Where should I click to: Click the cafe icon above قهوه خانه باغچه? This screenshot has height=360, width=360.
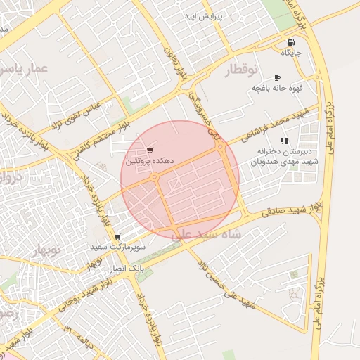tap(277, 77)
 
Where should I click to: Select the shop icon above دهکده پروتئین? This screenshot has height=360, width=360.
tap(149, 150)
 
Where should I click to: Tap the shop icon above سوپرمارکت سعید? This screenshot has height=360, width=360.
tap(116, 237)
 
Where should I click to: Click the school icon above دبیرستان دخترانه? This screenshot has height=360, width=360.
tap(284, 141)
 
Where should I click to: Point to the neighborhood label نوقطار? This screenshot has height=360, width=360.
tap(242, 70)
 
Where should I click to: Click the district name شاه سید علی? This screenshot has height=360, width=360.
tap(207, 233)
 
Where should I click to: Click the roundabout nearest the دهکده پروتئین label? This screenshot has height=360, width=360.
tap(154, 178)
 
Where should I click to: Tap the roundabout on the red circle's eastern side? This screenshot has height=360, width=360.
tap(221, 148)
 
